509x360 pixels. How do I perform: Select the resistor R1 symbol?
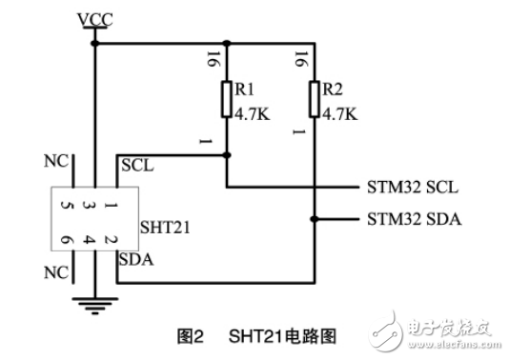[227, 100]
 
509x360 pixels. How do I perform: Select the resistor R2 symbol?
[315, 100]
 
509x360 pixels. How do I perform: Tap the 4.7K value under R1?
[251, 113]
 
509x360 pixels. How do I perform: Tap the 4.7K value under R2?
[339, 113]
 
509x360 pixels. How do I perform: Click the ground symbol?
[94, 305]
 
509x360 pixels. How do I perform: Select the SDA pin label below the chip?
[135, 257]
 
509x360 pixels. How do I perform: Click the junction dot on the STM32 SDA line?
[315, 219]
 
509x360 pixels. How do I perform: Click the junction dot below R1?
[227, 153]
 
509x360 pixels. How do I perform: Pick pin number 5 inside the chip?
[64, 205]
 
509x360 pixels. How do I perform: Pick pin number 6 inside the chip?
[65, 241]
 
